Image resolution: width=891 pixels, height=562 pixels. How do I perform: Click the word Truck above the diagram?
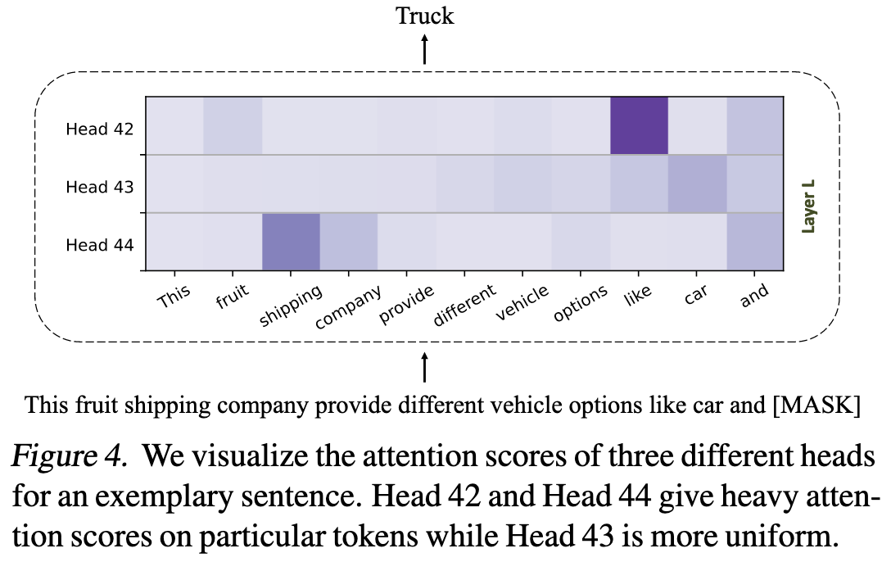(x=424, y=16)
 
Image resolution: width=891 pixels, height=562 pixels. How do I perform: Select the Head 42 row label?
(x=99, y=129)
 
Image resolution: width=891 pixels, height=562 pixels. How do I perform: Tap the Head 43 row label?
(x=99, y=187)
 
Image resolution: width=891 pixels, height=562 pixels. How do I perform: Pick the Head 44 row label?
(x=99, y=245)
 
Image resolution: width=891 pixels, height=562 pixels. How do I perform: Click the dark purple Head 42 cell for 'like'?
(x=639, y=125)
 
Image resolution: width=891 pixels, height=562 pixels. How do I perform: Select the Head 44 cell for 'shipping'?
(x=291, y=242)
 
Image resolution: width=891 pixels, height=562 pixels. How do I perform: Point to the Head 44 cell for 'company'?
(x=349, y=242)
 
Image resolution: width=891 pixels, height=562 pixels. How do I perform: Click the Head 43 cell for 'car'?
(x=697, y=184)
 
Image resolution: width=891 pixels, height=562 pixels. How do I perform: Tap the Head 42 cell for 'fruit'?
(x=233, y=125)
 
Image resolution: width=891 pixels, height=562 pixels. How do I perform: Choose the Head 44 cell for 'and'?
(x=754, y=242)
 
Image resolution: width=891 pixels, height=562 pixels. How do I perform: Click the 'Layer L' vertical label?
(x=807, y=206)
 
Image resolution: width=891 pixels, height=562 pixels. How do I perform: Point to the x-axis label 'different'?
(x=464, y=305)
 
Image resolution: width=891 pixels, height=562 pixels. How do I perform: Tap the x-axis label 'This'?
(x=174, y=296)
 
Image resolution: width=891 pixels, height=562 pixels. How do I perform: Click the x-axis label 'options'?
(x=580, y=303)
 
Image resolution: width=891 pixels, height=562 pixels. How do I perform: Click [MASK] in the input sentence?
(x=816, y=406)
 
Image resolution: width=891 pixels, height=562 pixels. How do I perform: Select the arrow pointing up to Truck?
(x=424, y=49)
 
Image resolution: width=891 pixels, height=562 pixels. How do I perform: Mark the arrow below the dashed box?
(x=424, y=367)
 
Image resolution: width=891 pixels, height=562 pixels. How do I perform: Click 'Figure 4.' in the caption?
(x=69, y=455)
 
